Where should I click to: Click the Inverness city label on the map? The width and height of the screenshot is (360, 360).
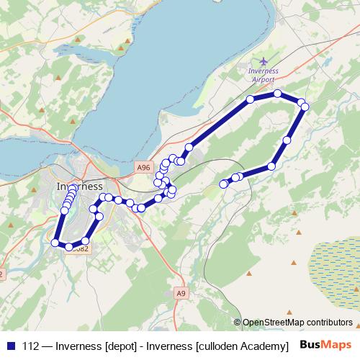[79, 186]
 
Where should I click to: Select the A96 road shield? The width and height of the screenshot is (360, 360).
[144, 167]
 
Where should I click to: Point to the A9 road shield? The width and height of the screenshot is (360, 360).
[181, 292]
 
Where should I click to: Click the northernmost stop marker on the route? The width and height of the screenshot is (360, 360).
[277, 94]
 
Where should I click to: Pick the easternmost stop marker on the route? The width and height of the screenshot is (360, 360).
[305, 107]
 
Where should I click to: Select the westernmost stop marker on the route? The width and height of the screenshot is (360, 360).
[55, 243]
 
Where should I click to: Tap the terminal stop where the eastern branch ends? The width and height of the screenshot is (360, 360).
[223, 184]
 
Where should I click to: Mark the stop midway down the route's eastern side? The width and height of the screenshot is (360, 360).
[287, 140]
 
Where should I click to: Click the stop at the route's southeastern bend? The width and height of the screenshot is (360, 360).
[271, 166]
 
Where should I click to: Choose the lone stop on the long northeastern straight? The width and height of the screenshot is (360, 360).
[189, 147]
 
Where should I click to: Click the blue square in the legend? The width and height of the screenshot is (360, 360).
[10, 344]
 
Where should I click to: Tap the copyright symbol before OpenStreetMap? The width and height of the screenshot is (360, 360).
[238, 322]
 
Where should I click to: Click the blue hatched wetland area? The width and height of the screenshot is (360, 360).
[335, 259]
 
